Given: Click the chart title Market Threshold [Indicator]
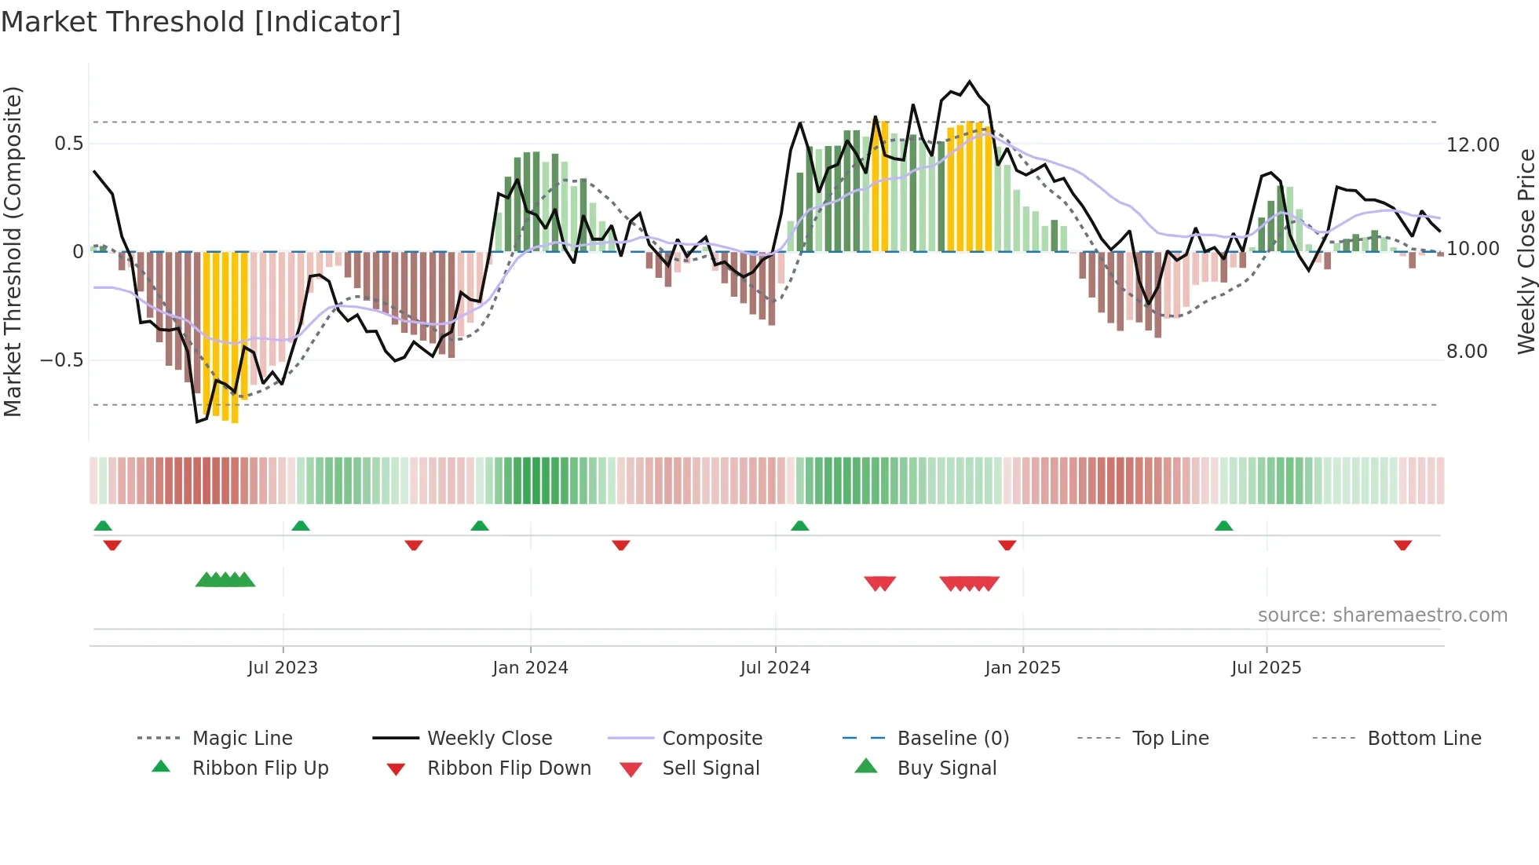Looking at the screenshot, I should coord(201,22).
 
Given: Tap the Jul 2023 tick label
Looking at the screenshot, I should coord(283,668).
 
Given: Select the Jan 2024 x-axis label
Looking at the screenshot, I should coord(530,668).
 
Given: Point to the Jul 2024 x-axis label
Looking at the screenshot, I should coord(775,668).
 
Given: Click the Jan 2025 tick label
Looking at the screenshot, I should coord(1022,668).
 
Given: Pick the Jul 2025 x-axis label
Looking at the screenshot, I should coord(1267,668).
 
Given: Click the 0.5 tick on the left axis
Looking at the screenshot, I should coord(68,144).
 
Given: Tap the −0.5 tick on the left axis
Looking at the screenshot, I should coord(61,360).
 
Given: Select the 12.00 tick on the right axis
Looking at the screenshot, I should coord(1472,145).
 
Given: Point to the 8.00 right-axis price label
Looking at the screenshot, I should coord(1467,352).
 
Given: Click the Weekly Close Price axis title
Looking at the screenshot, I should coord(1526,251).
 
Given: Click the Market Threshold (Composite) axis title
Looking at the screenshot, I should coord(13,251).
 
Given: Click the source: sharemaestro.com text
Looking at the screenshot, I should coord(1382,615).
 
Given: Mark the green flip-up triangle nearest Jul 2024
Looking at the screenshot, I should coord(799,526).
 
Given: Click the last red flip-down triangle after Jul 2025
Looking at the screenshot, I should coord(1402,545).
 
